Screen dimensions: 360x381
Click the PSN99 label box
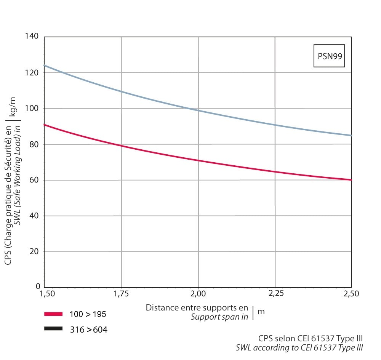pyautogui.click(x=329, y=56)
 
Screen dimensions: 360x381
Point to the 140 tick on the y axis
pyautogui.click(x=32, y=37)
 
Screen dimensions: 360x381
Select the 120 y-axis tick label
pyautogui.click(x=32, y=72)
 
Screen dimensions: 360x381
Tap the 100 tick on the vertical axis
pyautogui.click(x=32, y=109)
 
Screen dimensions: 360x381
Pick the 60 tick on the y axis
pyautogui.click(x=34, y=180)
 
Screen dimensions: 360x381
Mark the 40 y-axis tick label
pyautogui.click(x=34, y=216)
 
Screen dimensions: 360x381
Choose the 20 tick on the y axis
pyautogui.click(x=34, y=252)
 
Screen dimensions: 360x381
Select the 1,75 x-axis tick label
pyautogui.click(x=121, y=294)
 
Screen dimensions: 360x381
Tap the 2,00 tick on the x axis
pyautogui.click(x=198, y=294)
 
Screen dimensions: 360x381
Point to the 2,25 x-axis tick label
pyautogui.click(x=275, y=294)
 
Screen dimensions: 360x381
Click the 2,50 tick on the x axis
pyautogui.click(x=351, y=294)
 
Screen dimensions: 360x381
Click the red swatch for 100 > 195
pyautogui.click(x=53, y=314)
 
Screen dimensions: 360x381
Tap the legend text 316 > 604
pyautogui.click(x=88, y=330)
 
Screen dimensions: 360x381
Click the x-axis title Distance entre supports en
pyautogui.click(x=197, y=308)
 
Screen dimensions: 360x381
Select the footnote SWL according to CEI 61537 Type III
pyautogui.click(x=299, y=347)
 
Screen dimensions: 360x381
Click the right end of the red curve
pyautogui.click(x=351, y=180)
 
